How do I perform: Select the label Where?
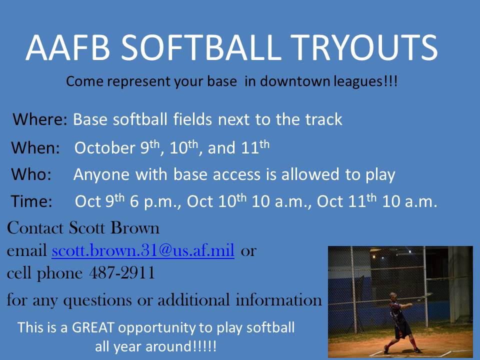coord(39,120)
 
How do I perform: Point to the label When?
coord(35,148)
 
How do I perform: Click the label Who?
coord(31,174)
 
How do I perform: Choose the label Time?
coord(31,201)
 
